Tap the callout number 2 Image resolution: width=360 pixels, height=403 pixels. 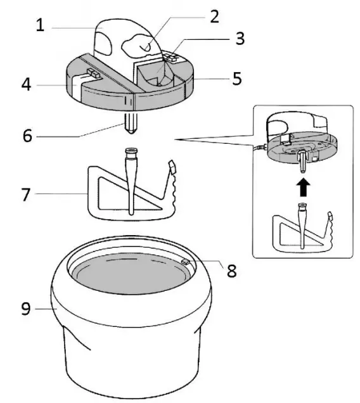point(214,16)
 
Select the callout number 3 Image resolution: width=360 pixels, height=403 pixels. point(240,37)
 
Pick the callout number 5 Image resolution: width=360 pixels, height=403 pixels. point(236,79)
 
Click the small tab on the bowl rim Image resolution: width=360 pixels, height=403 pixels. point(184,261)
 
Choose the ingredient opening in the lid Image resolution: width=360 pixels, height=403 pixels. point(157,76)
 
